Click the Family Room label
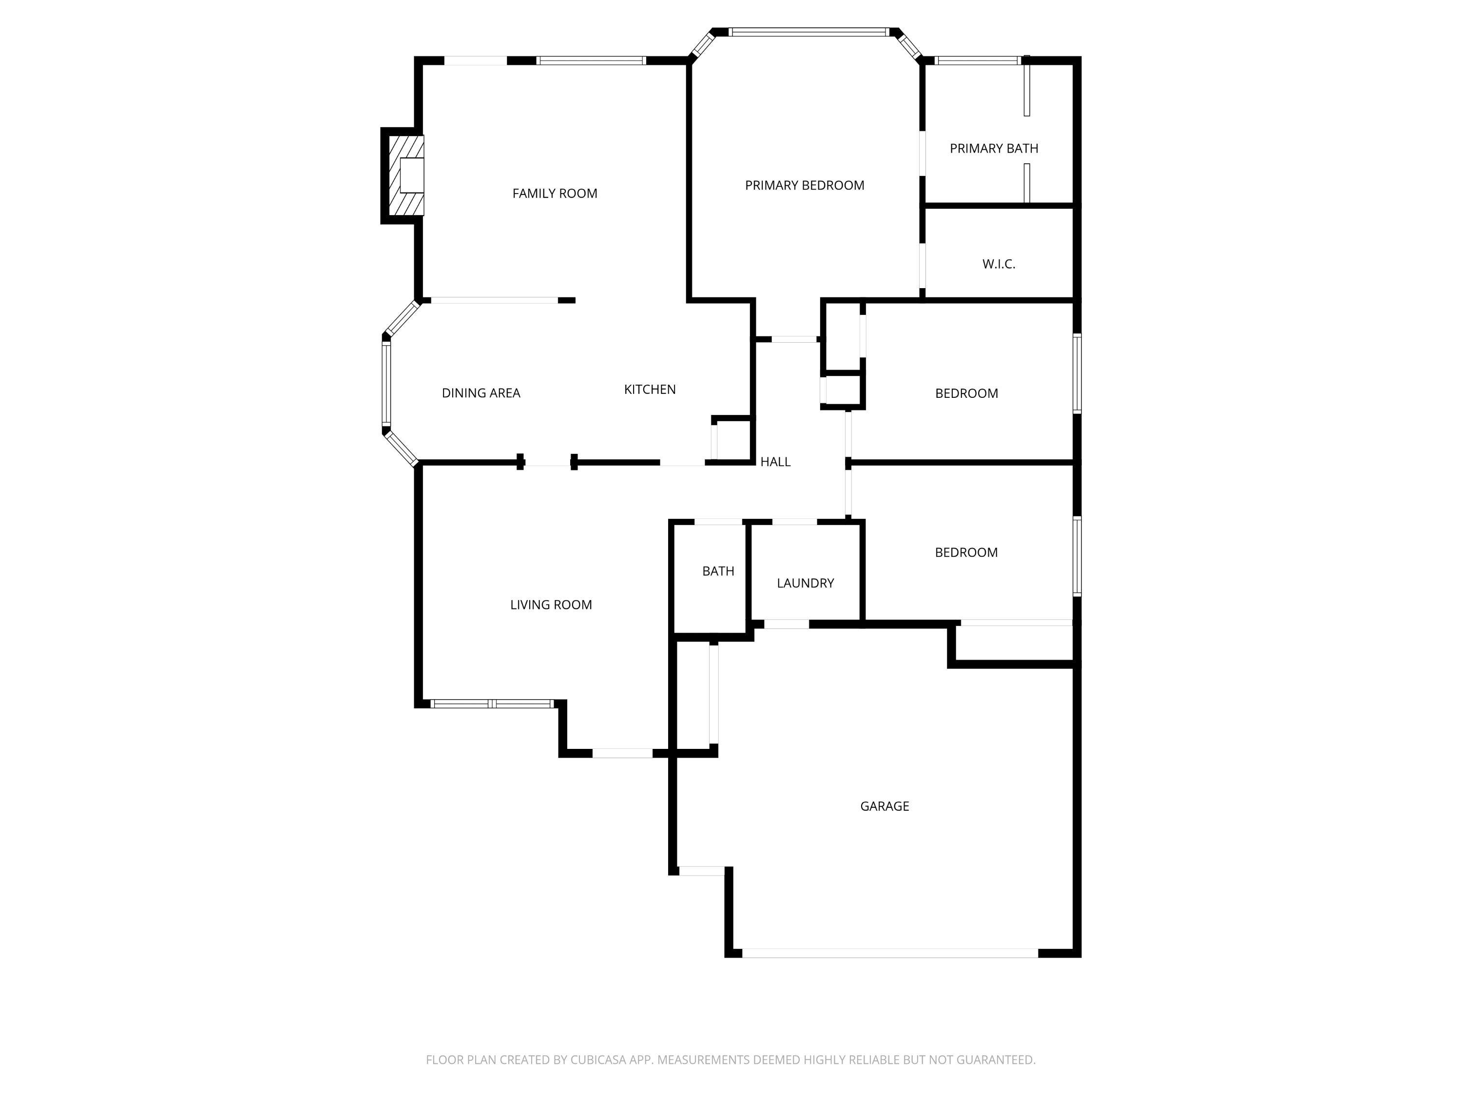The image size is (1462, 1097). (x=555, y=193)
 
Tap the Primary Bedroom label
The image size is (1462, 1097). (x=805, y=185)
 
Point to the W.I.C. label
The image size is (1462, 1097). (x=998, y=264)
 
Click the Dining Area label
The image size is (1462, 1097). (x=481, y=393)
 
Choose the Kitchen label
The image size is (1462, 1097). (x=650, y=390)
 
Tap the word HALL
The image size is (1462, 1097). (x=775, y=462)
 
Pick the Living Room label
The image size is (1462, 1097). (x=551, y=605)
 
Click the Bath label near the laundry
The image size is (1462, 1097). (x=718, y=570)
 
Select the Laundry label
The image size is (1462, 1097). (x=805, y=583)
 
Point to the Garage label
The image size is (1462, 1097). (x=885, y=806)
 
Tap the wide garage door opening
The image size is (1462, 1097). (x=889, y=953)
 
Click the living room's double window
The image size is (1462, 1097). (x=492, y=704)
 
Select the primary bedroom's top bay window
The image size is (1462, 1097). (x=809, y=32)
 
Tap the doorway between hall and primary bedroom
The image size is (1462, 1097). (x=794, y=339)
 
